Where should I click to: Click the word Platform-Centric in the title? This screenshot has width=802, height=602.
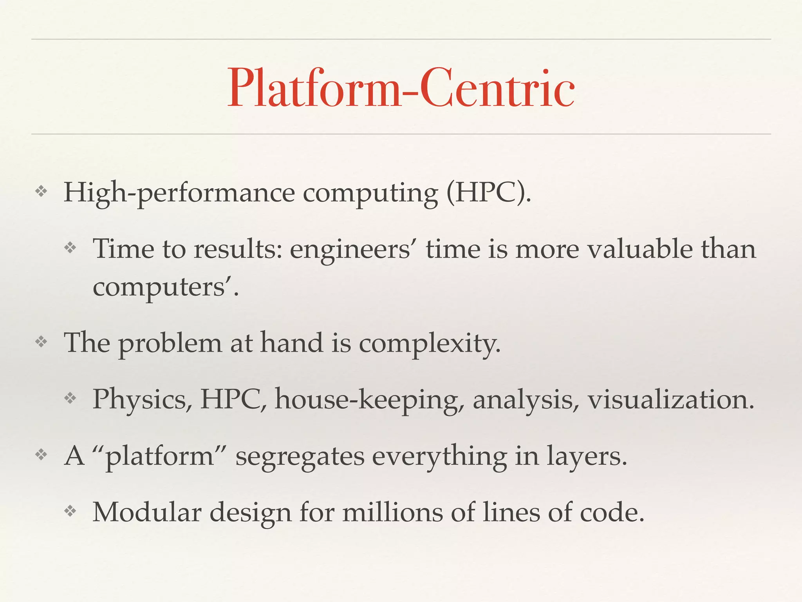(401, 88)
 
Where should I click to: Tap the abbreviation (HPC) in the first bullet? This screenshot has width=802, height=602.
(489, 193)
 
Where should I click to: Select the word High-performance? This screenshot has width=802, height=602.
(179, 193)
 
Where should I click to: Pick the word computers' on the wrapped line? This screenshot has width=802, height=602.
(165, 287)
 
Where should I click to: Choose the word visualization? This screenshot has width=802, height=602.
(671, 400)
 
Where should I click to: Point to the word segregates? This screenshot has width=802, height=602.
(300, 457)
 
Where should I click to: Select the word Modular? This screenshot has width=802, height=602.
(146, 513)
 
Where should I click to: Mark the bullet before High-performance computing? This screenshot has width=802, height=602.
(41, 192)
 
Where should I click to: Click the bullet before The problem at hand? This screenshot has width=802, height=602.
(41, 342)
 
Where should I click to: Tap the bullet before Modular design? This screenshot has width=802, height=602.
(70, 511)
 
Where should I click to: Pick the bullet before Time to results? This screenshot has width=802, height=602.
(70, 248)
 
